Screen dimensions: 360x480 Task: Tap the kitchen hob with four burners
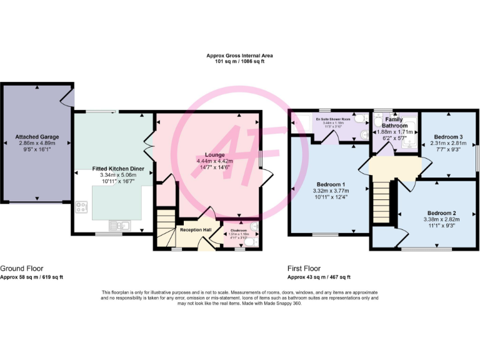81,207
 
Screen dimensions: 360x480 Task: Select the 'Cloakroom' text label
239,231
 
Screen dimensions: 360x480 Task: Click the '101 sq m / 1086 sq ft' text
239,62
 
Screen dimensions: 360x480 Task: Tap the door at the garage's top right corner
68,97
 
